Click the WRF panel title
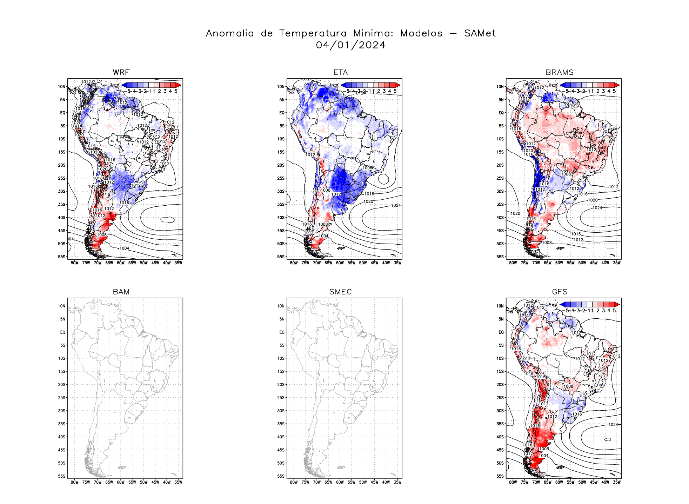tap(121, 73)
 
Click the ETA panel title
tap(340, 73)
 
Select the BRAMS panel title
tap(560, 73)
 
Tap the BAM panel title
tap(121, 292)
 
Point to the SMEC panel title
tap(340, 292)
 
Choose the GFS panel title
tap(560, 292)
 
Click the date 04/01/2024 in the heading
tap(350, 45)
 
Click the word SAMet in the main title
tap(480, 33)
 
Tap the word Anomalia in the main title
tap(230, 33)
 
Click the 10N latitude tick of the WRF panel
tap(62, 87)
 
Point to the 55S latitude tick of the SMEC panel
tap(281, 476)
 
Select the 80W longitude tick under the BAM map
tap(74, 482)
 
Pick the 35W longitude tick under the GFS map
tap(617, 482)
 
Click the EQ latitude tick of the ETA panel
tap(282, 113)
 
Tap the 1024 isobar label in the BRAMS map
tap(597, 208)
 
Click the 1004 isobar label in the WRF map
tap(124, 248)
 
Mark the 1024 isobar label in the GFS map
tap(613, 425)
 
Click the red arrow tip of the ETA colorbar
tap(398, 85)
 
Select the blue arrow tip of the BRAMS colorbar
tap(562, 85)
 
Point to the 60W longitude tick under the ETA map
tap(340, 263)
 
